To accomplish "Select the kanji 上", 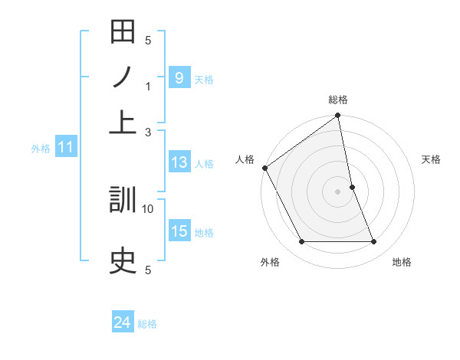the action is click(123, 122).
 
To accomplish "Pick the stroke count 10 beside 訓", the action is click(148, 208).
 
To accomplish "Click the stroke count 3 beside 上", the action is click(148, 132).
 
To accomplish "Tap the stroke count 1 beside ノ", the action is click(148, 87).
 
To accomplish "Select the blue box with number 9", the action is click(179, 77).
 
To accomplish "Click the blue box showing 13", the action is click(179, 162).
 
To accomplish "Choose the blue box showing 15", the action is click(179, 231).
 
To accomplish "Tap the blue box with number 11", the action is click(65, 148).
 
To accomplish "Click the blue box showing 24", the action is click(122, 323).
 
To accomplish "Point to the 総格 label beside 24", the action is click(147, 324).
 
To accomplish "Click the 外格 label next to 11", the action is click(40, 149).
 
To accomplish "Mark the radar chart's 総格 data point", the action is click(338, 116).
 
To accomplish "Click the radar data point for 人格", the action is click(264, 168).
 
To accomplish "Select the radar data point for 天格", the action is click(352, 187).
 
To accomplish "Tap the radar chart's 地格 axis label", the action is click(402, 262).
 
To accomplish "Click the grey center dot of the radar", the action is click(338, 191).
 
